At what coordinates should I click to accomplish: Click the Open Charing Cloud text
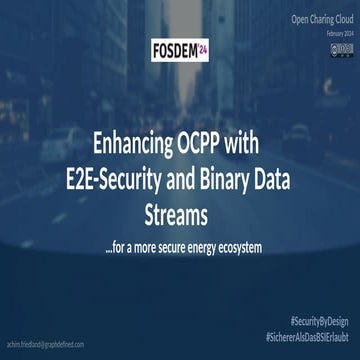tap(322, 19)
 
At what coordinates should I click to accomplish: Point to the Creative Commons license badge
tap(341, 47)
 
